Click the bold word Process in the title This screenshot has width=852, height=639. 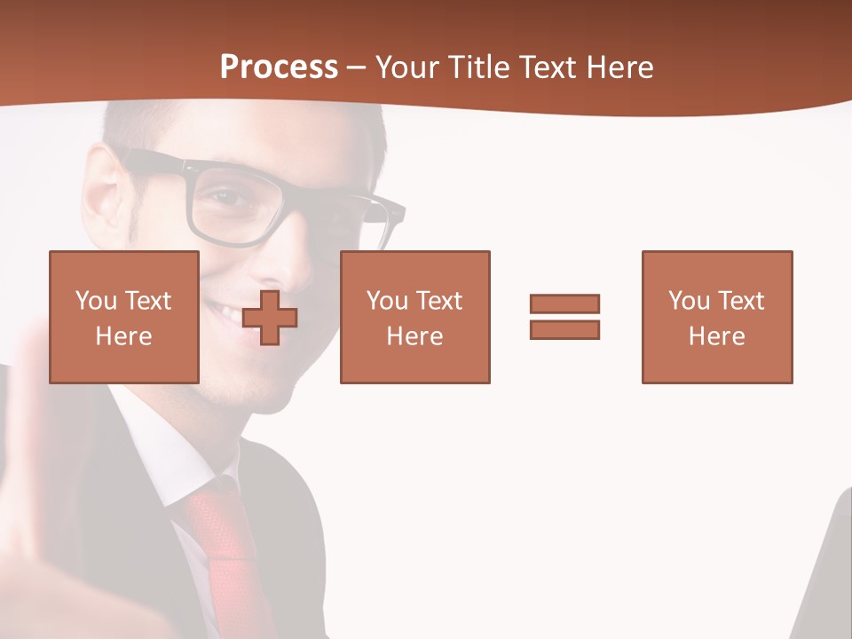(279, 67)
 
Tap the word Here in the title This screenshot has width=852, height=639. (618, 67)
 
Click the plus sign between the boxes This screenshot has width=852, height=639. (270, 317)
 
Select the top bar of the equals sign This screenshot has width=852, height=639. (564, 304)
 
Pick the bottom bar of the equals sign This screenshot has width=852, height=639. (564, 329)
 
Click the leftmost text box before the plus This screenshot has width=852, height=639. (124, 317)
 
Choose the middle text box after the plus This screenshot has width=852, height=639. (414, 317)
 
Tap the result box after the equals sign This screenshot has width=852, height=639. (717, 317)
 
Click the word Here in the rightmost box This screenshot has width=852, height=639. (717, 336)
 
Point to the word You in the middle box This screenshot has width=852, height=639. (387, 301)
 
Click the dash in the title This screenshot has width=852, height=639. (357, 67)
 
